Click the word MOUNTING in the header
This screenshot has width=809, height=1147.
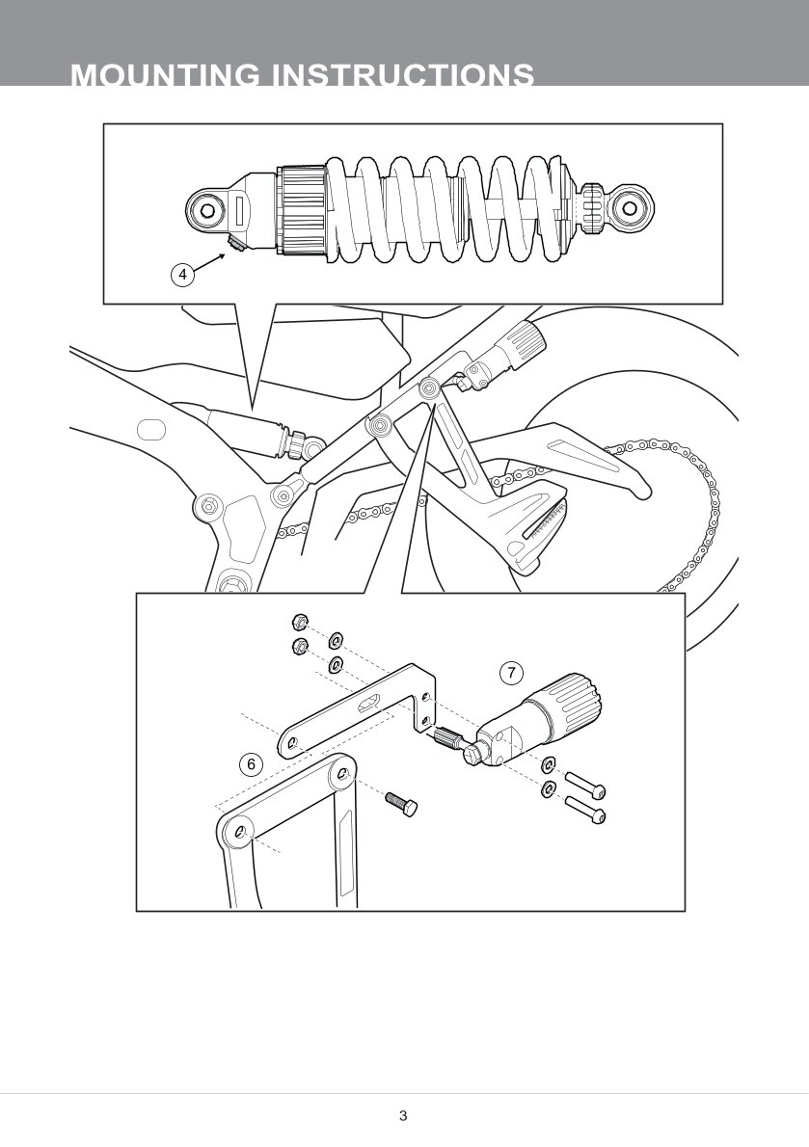coord(165,75)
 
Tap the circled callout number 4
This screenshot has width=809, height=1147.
coord(183,275)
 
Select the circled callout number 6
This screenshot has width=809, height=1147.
coord(251,764)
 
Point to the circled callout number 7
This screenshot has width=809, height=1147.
coord(511,673)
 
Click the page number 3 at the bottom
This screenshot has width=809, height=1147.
coord(403,1115)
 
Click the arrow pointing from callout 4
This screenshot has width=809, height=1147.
coord(210,262)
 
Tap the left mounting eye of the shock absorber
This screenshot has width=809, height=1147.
coord(207,211)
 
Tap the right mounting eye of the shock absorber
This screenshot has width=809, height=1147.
coord(629,208)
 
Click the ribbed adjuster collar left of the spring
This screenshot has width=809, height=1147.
coord(302,211)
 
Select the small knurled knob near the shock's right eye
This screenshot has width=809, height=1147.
coord(592,208)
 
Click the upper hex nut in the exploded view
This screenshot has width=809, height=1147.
coord(299,623)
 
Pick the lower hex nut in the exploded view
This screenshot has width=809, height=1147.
coord(299,646)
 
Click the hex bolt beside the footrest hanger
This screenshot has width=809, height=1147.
coord(401,803)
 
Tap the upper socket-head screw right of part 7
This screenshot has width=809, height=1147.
coord(585,786)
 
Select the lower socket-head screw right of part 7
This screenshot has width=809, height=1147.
coord(585,809)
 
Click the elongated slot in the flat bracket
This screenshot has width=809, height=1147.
coord(368,703)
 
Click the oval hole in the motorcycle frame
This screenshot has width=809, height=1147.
coord(151,429)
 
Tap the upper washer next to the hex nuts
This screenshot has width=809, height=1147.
coord(335,641)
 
